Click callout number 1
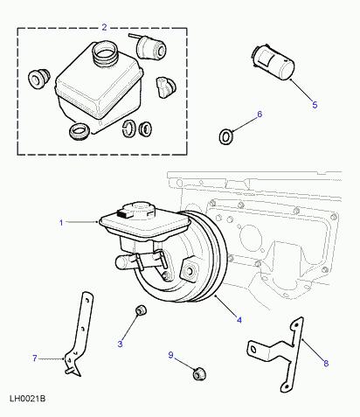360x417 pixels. click(x=61, y=223)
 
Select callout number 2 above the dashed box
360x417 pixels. click(x=104, y=27)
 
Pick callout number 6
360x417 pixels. click(x=259, y=115)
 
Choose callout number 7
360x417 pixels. click(x=34, y=358)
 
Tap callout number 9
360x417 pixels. click(x=171, y=355)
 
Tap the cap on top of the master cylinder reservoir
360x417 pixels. click(x=137, y=210)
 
